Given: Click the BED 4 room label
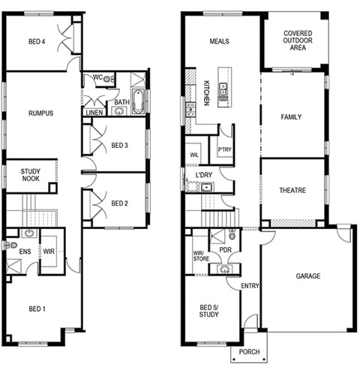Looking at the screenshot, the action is [37, 41].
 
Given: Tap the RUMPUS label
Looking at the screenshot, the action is [41, 113].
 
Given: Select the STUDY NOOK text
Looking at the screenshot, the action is [30, 175].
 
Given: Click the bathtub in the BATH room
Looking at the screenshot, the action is [137, 101].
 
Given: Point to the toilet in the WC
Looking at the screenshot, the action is [108, 80].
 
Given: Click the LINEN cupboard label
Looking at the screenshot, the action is [94, 113].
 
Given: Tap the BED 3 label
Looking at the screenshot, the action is [119, 145].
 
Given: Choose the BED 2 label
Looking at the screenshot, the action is [119, 204].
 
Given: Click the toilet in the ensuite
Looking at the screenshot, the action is [11, 245].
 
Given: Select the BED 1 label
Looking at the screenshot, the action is [37, 309].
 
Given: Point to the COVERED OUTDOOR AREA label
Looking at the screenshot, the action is [298, 41].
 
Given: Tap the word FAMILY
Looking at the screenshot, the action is [291, 117].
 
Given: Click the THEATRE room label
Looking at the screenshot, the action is [292, 190].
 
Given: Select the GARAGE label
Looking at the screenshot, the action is [308, 276].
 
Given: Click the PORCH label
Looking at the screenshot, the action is [249, 352].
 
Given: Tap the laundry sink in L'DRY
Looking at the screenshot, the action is [207, 187].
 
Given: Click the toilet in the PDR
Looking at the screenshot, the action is [232, 235].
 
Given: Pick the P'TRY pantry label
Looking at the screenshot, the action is [225, 149].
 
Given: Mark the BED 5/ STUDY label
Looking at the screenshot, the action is [209, 311].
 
